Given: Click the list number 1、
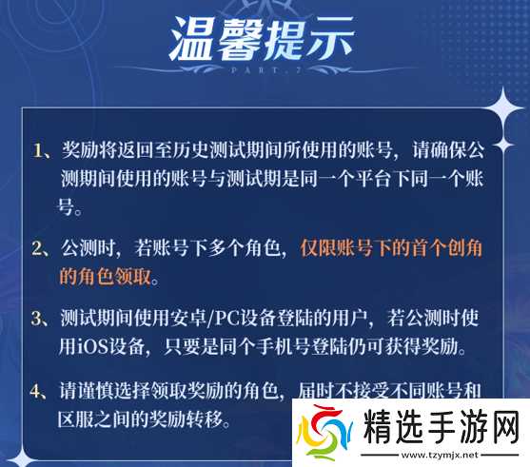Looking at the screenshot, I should (x=44, y=151).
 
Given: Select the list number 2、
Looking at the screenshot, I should (x=44, y=248).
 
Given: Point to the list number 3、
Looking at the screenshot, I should (x=44, y=318).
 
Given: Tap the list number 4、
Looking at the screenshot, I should (x=44, y=389).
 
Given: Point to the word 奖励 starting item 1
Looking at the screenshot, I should (x=80, y=151).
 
